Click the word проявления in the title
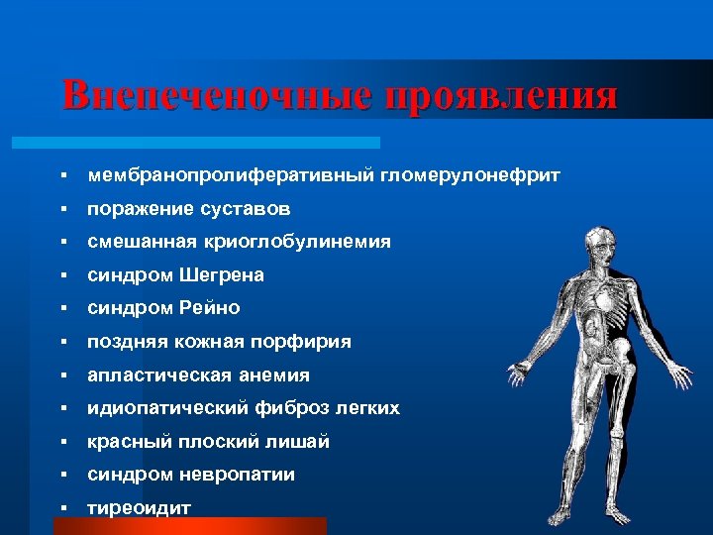(x=502, y=96)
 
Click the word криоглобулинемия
(x=304, y=242)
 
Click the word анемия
(x=276, y=375)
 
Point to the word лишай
(x=302, y=442)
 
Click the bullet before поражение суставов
(x=62, y=210)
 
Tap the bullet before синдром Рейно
(x=62, y=309)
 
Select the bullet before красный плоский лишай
(x=62, y=443)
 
